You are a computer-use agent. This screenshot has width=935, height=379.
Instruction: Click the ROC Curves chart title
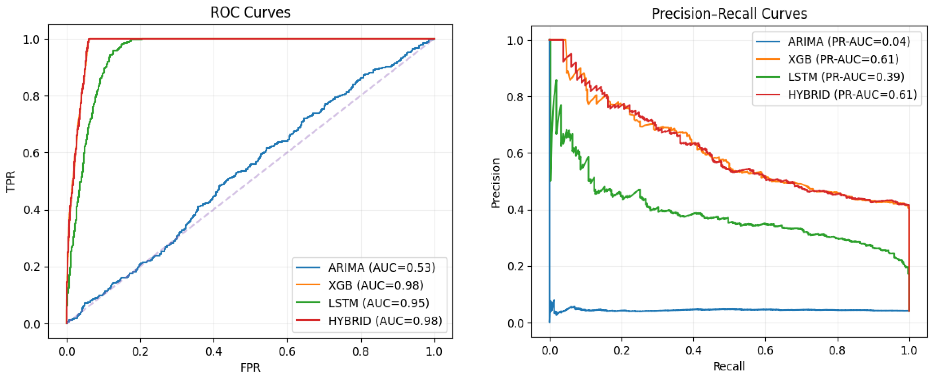coord(250,12)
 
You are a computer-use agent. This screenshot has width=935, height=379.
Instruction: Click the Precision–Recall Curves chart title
coord(729,14)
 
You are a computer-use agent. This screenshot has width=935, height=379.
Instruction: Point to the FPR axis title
coord(250,367)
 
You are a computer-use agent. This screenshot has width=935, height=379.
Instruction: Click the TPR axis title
coord(11,181)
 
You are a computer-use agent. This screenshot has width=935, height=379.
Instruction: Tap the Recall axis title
coord(729,366)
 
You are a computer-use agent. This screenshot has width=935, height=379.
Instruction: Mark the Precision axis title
coord(496,183)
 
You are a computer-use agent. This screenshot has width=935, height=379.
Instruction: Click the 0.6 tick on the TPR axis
coord(31,153)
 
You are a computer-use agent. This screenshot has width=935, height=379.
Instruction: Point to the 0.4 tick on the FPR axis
coord(213,351)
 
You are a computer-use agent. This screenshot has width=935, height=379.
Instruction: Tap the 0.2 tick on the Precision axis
coord(515,267)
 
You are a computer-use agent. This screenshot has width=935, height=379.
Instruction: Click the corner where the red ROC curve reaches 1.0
coord(89,39)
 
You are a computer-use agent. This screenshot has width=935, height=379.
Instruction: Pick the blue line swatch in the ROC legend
coord(308,268)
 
